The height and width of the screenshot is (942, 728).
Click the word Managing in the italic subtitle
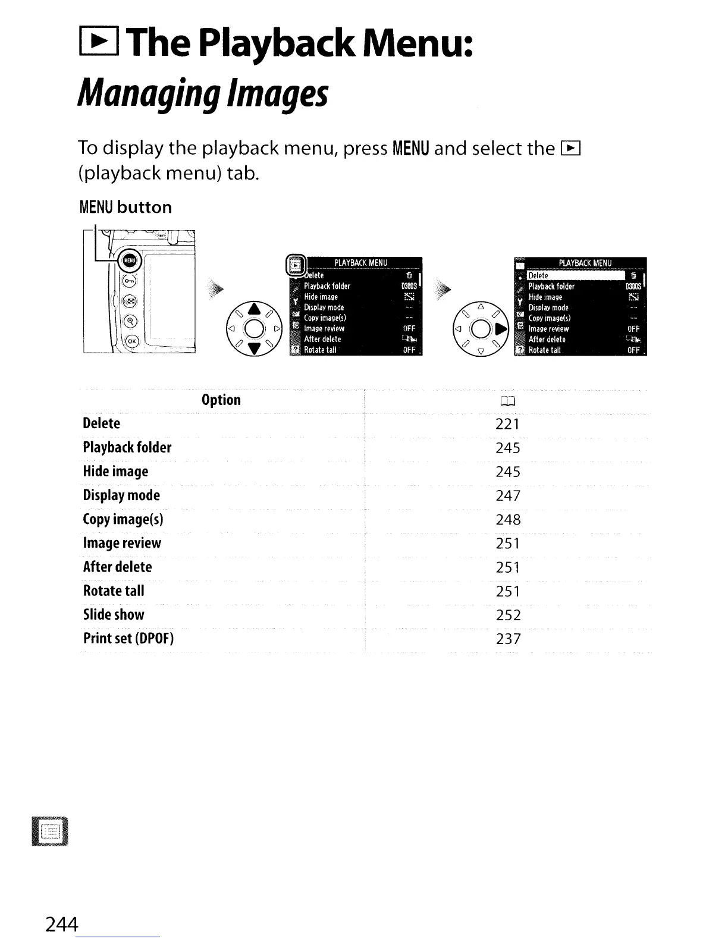(x=148, y=94)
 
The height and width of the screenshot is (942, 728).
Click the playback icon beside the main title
(x=98, y=43)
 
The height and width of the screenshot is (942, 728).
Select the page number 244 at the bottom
(x=62, y=924)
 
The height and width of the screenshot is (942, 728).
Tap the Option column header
(x=221, y=400)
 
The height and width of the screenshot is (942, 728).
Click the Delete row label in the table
(x=102, y=423)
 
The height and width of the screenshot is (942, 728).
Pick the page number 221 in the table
(x=507, y=424)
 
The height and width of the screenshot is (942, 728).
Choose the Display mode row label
(x=121, y=495)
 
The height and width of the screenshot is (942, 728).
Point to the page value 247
(x=508, y=496)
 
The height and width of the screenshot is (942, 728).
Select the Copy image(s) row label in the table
(x=123, y=519)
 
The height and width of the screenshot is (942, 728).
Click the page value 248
(x=508, y=520)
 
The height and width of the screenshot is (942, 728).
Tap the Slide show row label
(x=114, y=614)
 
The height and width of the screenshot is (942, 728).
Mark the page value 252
(x=508, y=615)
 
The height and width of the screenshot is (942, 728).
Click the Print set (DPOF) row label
(x=128, y=638)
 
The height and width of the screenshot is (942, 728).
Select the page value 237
(x=508, y=639)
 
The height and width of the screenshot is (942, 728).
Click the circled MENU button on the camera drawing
(x=130, y=260)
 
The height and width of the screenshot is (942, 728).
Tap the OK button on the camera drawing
(x=131, y=341)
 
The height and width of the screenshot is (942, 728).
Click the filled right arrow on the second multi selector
(x=501, y=329)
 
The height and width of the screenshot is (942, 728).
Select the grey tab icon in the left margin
(x=51, y=831)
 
